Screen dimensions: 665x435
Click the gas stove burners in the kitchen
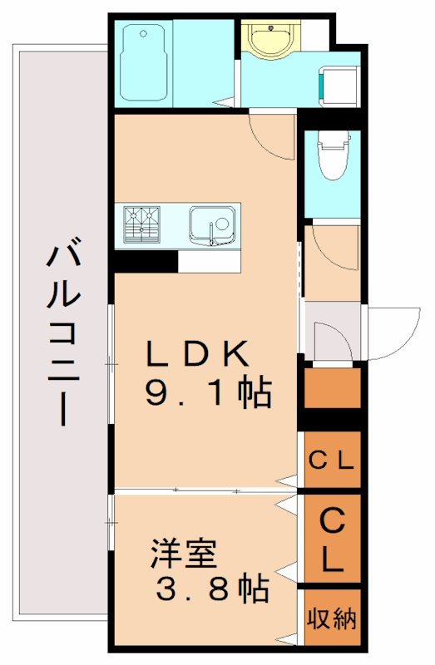[141, 222]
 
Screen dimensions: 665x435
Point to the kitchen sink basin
[211, 223]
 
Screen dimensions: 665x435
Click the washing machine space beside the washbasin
[339, 83]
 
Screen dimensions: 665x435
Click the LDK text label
[198, 355]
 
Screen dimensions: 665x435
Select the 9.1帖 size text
[208, 393]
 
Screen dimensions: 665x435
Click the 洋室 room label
[184, 553]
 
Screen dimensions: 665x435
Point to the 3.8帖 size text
[212, 589]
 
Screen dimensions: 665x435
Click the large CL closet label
[332, 539]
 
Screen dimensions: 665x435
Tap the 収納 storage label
[333, 619]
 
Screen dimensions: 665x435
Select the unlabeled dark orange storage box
[332, 387]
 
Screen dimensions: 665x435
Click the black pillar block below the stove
[145, 261]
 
